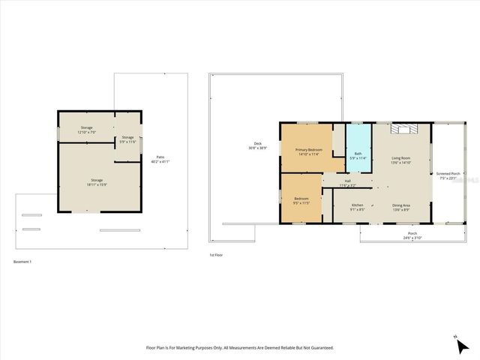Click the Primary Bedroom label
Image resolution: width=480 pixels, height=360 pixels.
308,151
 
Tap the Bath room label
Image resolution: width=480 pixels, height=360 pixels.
358,155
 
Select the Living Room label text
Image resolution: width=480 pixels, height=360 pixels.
401,159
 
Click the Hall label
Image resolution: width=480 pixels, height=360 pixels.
347,182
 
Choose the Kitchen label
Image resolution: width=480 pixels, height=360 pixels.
358,207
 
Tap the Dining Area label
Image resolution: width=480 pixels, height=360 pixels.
401,207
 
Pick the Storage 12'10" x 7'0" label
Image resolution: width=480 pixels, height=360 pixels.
87,130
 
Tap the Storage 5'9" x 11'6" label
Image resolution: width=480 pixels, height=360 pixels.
128,139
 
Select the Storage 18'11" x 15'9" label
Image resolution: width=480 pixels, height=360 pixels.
97,181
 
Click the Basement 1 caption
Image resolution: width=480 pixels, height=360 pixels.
22,262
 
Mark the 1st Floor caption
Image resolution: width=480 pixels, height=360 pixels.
216,255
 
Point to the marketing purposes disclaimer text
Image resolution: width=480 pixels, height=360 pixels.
239,348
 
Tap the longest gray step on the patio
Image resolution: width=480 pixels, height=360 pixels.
119,230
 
